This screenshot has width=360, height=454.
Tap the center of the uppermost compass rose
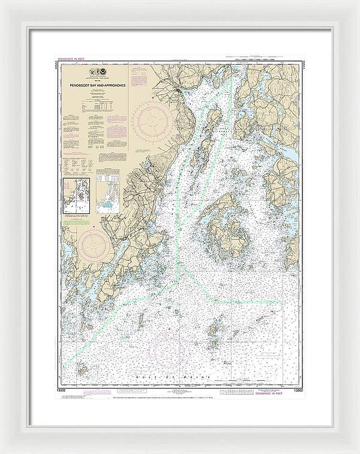[x=153, y=120]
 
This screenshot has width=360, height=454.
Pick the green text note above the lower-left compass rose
[x=80, y=221]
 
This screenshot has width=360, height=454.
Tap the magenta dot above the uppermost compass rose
[x=154, y=98]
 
